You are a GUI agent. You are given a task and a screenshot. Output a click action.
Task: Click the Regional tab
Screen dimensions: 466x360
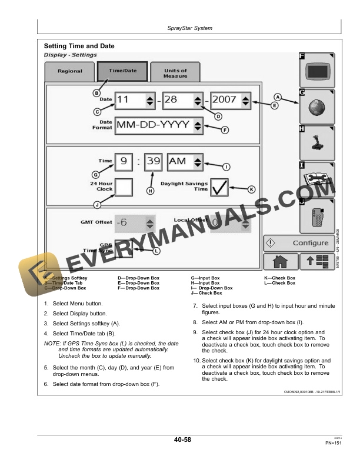point(70,72)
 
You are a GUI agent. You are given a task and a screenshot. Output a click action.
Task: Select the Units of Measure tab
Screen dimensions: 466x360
point(175,74)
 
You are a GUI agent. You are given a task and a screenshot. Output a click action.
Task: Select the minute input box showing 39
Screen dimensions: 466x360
point(153,161)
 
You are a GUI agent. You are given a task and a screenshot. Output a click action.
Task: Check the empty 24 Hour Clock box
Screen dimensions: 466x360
point(124,188)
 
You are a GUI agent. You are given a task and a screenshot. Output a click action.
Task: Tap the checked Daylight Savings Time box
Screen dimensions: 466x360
point(220,188)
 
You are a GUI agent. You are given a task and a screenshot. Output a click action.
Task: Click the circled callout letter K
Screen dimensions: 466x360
point(251,189)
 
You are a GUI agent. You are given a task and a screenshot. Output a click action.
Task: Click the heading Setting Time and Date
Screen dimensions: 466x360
point(79,46)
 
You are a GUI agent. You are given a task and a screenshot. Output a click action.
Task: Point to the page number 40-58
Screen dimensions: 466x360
point(182,440)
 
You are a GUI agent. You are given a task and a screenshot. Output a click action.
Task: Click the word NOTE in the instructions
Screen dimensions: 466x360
point(52,343)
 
